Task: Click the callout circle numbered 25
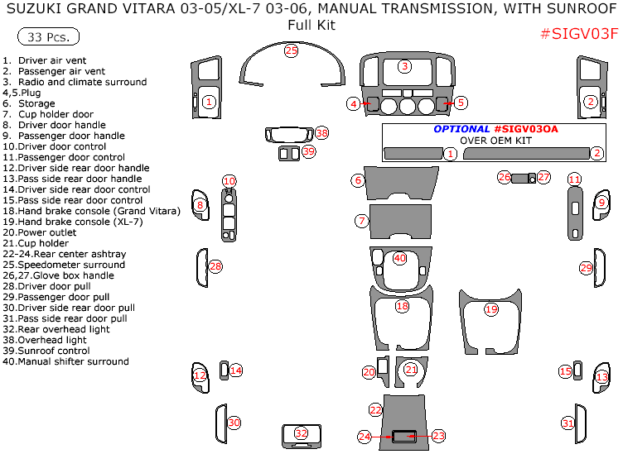tap(291, 50)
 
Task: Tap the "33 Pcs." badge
tap(48, 37)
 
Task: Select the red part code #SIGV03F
tap(578, 34)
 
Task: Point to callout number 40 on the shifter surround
tap(400, 258)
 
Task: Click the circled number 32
tap(301, 432)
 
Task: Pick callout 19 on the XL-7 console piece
tap(490, 308)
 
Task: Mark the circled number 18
tap(403, 306)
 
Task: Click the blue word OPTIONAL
tap(461, 129)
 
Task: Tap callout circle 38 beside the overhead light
tap(321, 133)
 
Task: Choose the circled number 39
tap(309, 151)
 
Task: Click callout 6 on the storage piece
tap(358, 179)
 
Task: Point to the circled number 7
tap(361, 221)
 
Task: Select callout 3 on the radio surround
tap(404, 66)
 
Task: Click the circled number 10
tap(229, 181)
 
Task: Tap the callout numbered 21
tap(411, 370)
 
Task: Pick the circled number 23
tap(439, 435)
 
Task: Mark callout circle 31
tap(567, 423)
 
